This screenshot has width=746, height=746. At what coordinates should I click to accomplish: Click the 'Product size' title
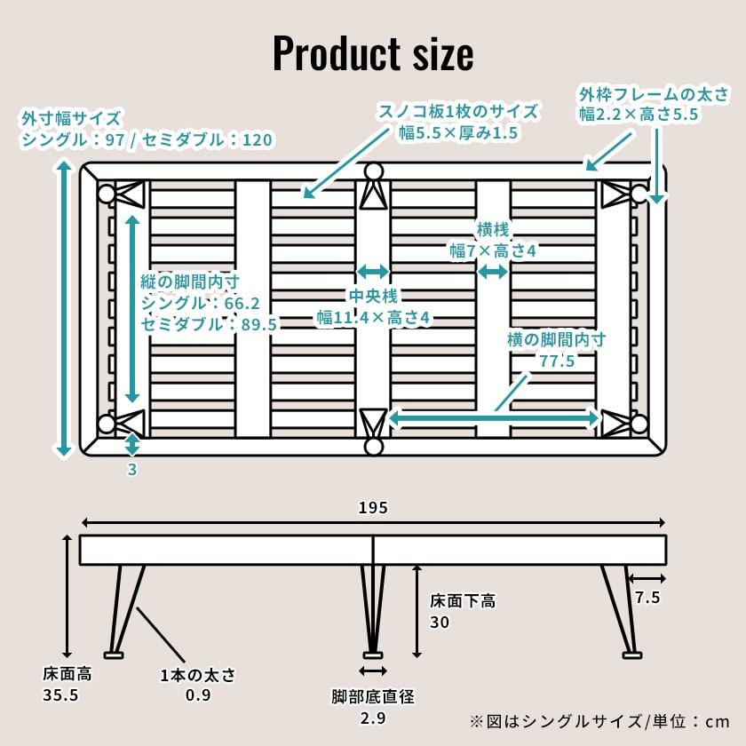373,54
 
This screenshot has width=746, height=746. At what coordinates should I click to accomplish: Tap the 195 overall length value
373,507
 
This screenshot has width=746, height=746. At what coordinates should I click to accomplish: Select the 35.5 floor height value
60,694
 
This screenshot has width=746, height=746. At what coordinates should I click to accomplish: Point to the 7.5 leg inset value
647,598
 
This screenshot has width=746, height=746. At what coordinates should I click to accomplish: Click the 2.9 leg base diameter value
373,718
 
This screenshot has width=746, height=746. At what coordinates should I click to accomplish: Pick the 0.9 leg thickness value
197,694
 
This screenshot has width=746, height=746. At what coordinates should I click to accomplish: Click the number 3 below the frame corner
132,471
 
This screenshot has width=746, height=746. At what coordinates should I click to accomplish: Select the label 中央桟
372,295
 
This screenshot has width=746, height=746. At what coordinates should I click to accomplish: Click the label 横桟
493,229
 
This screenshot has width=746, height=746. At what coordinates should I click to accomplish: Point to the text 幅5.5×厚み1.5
458,133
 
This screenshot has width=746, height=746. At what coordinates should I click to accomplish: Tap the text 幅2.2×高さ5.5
639,114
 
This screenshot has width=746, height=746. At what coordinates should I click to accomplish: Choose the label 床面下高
463,601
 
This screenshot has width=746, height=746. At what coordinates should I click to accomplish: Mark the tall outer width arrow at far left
63,309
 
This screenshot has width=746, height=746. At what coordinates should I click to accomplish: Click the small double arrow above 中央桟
372,271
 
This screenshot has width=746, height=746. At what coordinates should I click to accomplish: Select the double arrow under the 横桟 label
493,271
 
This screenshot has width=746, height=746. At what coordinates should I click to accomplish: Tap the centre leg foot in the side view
373,654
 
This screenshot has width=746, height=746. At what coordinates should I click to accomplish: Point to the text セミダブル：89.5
210,324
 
